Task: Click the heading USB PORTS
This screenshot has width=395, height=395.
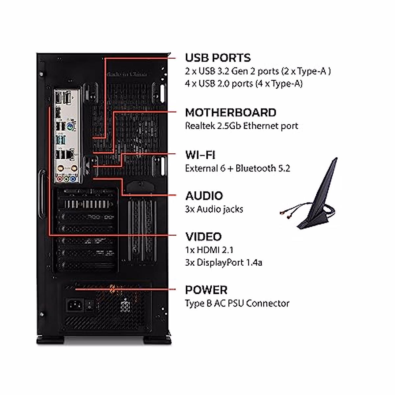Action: (218, 58)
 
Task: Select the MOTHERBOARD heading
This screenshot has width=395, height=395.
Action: (230, 113)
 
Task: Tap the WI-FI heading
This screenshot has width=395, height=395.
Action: (200, 155)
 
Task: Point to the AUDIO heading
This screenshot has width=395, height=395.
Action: (204, 196)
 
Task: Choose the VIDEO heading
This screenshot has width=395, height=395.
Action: (203, 237)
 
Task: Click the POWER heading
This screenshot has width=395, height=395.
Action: (206, 290)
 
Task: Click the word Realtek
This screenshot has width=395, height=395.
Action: (199, 126)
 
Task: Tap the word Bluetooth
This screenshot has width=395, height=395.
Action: (255, 168)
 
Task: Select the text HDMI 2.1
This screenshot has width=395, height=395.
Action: (215, 250)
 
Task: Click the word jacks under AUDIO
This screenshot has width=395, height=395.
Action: (231, 209)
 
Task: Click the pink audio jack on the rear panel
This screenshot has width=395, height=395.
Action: (60, 179)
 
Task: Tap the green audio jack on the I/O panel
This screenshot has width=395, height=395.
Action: (66, 179)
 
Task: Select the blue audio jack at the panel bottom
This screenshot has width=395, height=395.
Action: (74, 179)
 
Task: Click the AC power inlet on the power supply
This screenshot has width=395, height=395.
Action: (74, 305)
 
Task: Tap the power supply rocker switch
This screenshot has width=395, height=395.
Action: (89, 306)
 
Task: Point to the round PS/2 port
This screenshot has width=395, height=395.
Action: (70, 126)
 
